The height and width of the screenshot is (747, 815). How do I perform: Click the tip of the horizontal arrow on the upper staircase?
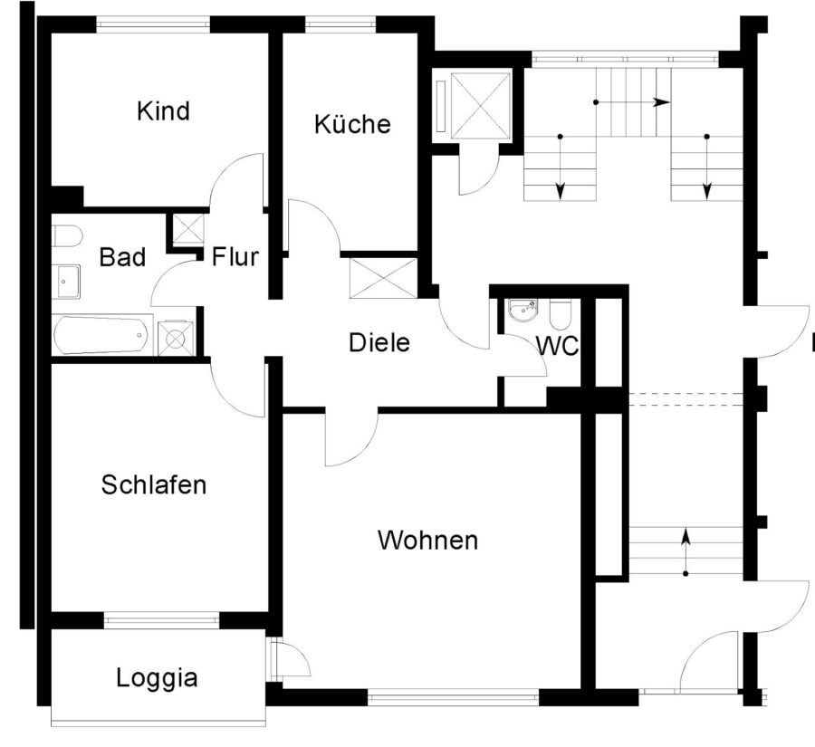coord(669,102)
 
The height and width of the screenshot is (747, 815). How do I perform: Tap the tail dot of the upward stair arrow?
coord(686,573)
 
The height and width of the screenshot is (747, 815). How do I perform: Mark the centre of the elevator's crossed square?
coord(481,106)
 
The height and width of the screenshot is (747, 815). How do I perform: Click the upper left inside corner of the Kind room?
coord(51,34)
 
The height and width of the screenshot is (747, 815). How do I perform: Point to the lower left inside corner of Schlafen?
coord(51,612)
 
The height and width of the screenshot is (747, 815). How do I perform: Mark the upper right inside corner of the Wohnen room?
coord(580,414)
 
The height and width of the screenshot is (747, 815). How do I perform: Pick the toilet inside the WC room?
coord(560,314)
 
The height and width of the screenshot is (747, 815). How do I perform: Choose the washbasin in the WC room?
coord(524,311)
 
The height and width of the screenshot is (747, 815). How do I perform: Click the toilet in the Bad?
coord(67,237)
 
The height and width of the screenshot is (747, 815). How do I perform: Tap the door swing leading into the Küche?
coord(314,225)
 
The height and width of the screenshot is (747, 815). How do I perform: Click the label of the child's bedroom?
coord(163,110)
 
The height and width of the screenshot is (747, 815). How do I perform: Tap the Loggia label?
coord(157,678)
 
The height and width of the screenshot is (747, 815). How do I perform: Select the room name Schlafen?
coord(154,484)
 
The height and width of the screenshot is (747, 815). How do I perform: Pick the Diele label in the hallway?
coord(379,342)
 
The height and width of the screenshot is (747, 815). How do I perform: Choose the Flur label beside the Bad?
coord(235,257)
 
